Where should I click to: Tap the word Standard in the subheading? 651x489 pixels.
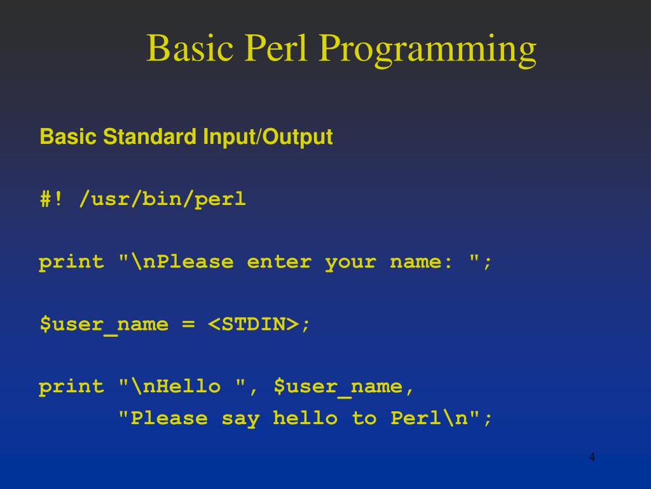[149, 137]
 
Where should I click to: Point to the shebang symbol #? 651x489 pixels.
[51, 199]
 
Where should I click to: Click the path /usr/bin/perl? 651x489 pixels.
[163, 200]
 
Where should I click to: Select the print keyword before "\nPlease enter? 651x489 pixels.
[71, 262]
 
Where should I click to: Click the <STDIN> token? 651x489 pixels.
[253, 324]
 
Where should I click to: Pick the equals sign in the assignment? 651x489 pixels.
[188, 325]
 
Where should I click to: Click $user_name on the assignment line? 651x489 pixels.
[104, 325]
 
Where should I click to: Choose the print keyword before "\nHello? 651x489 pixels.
[71, 387]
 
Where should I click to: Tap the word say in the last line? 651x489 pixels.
[240, 418]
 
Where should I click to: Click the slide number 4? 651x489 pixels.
[592, 457]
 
